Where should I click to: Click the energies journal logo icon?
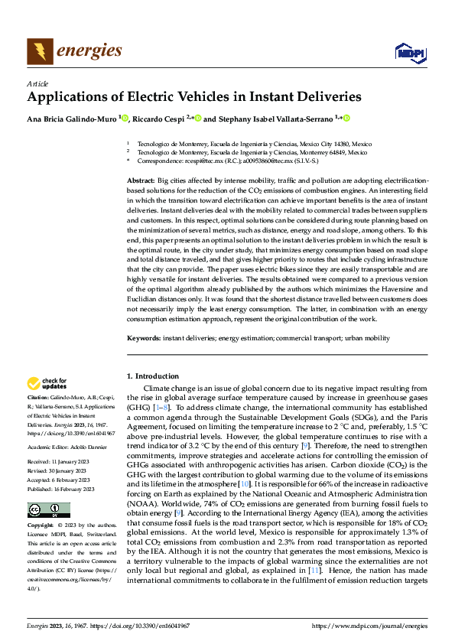click(40, 51)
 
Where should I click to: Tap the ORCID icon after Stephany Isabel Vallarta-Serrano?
click(346, 119)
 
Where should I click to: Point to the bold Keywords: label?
click(144, 337)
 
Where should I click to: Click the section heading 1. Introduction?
click(152, 376)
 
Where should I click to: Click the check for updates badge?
click(47, 383)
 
